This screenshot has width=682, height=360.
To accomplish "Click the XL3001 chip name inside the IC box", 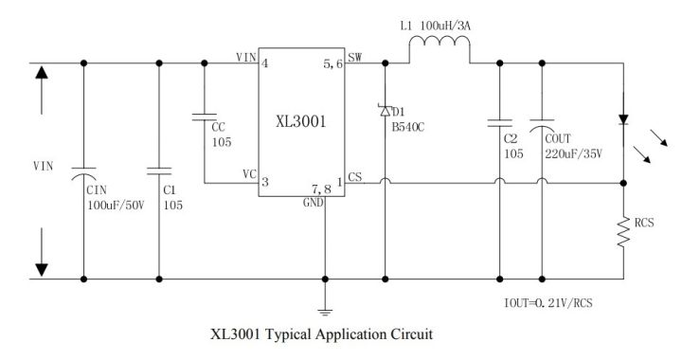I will pos(301,121).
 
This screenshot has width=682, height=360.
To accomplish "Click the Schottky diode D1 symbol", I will pos(386,111).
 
